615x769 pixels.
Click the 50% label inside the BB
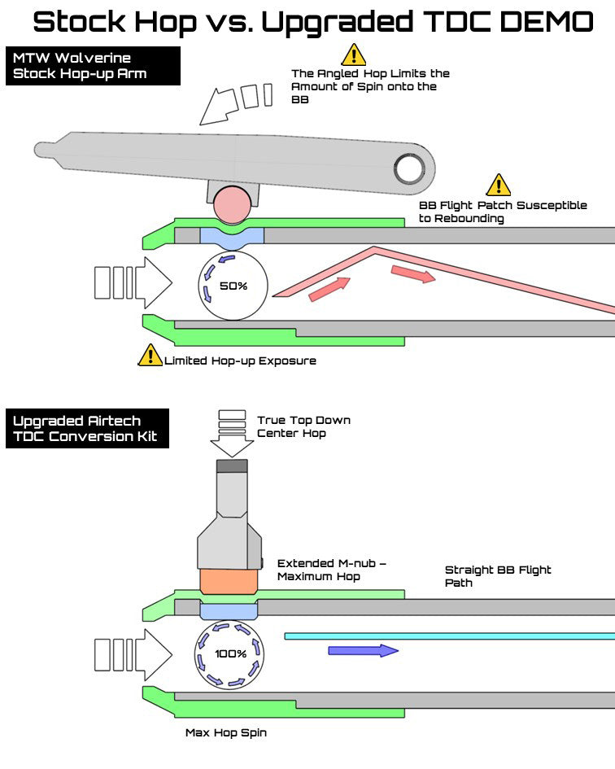[232, 286]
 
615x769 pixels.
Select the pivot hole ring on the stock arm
[409, 168]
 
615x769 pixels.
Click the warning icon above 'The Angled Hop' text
[354, 55]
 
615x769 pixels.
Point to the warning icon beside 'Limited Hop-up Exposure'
[150, 355]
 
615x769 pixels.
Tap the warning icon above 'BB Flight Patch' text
[498, 185]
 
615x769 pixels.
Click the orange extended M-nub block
[229, 581]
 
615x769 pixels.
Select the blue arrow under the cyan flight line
[363, 650]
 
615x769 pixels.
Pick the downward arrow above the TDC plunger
[231, 432]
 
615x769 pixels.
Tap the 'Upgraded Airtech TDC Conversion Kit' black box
[87, 429]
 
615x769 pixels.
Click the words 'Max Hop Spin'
[225, 732]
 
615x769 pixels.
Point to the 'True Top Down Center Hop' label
[303, 426]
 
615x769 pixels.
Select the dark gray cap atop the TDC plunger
[232, 466]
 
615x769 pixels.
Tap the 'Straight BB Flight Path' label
[497, 576]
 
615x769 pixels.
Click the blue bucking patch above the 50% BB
[232, 235]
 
